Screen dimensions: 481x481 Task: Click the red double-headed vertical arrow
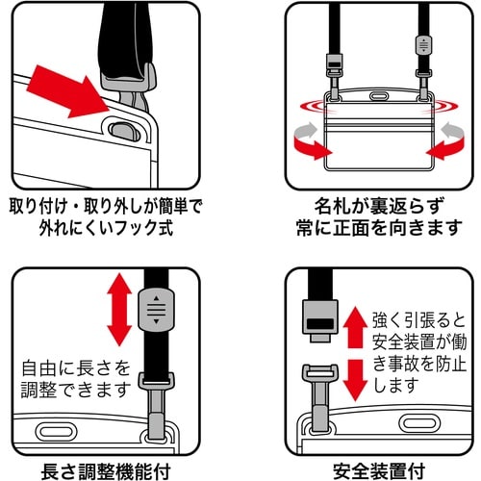click(118, 309)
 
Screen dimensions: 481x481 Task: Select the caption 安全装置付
click(375, 469)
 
